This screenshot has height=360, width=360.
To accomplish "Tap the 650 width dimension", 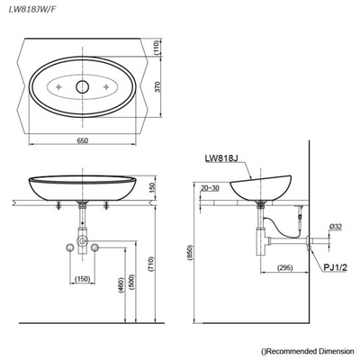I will point(82,142).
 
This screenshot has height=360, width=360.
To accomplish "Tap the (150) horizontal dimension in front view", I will point(82,280).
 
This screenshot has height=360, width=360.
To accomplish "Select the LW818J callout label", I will point(219,158).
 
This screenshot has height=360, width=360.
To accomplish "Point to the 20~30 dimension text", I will point(211,188).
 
